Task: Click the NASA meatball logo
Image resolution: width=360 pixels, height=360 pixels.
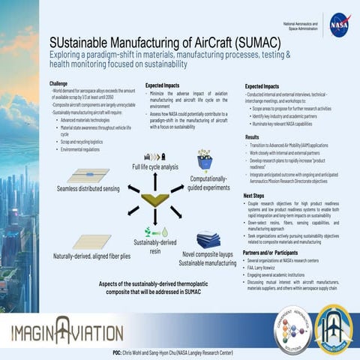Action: (x=338, y=25)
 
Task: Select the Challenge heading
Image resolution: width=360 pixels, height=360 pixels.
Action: (x=58, y=82)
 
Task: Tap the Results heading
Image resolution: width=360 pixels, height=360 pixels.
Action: (x=253, y=137)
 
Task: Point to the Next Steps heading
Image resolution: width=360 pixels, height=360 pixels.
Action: (x=258, y=195)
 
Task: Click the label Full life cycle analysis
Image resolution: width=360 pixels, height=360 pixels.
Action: (x=155, y=166)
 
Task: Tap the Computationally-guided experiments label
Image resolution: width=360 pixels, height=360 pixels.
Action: (x=203, y=184)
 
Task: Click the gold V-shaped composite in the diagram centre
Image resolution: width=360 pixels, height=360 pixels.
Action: (x=156, y=199)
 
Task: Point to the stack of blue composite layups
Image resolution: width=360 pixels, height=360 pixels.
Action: (x=208, y=240)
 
